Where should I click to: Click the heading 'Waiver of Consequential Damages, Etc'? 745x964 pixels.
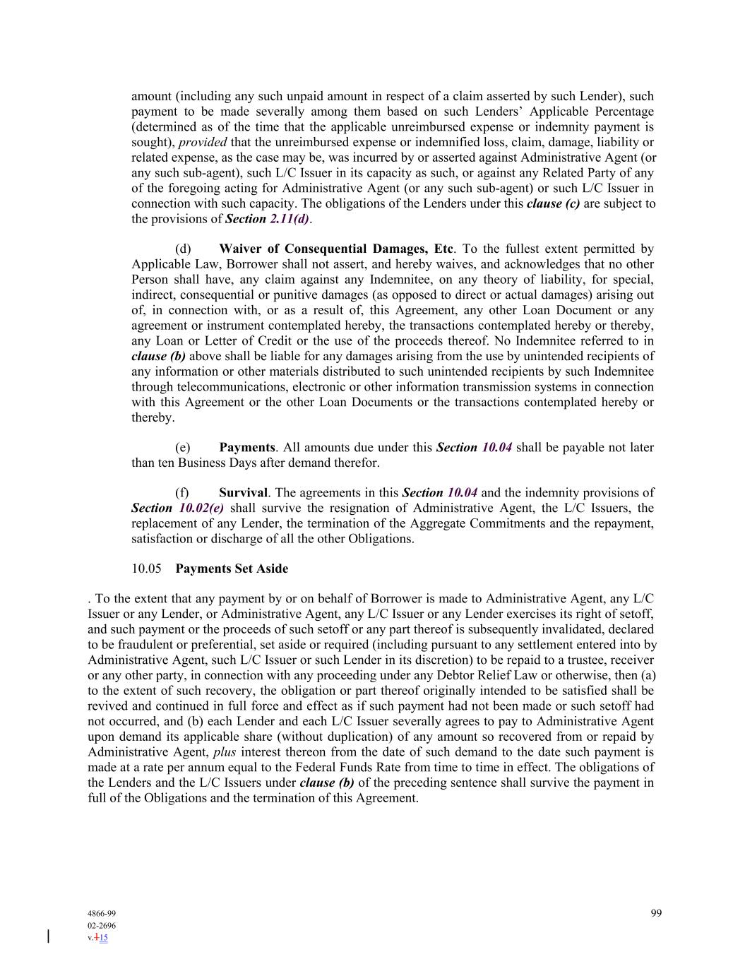click(335, 249)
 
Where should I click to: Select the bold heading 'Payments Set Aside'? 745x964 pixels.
click(232, 569)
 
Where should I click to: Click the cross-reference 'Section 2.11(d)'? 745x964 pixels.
click(268, 219)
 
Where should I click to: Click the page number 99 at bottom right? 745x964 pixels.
click(656, 913)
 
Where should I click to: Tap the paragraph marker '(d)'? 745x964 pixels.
click(183, 249)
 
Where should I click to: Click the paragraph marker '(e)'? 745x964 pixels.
click(183, 447)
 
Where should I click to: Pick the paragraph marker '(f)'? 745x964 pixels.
click(182, 492)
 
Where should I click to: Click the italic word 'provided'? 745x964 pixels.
click(203, 142)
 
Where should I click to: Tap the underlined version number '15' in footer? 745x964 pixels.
click(103, 938)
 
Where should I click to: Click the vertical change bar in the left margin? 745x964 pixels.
click(48, 936)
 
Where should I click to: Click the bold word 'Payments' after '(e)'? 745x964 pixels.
click(246, 447)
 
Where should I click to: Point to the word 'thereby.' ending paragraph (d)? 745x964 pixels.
click(153, 417)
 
